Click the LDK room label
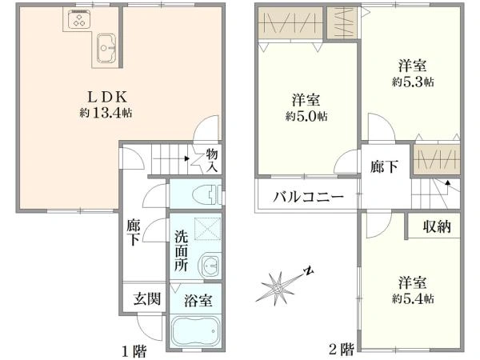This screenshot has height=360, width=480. [107, 98]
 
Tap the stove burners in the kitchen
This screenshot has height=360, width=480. [79, 19]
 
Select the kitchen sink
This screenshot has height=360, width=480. [106, 48]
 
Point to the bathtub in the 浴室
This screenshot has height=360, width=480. [196, 331]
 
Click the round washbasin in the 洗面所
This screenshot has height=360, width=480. [210, 265]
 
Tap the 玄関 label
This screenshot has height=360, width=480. [147, 298]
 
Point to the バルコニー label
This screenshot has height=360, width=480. [309, 197]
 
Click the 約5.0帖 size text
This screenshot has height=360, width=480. [306, 116]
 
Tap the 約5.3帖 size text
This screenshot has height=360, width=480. [413, 82]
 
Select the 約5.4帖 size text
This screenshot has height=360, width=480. [413, 298]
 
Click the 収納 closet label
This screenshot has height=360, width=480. [437, 227]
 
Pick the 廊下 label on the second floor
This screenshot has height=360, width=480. [384, 167]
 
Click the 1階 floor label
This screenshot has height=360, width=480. [134, 351]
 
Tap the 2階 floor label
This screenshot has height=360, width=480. [342, 348]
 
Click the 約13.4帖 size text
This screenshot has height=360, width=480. [106, 114]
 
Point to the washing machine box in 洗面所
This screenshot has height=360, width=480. [207, 229]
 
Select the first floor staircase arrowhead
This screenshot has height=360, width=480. [186, 159]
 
